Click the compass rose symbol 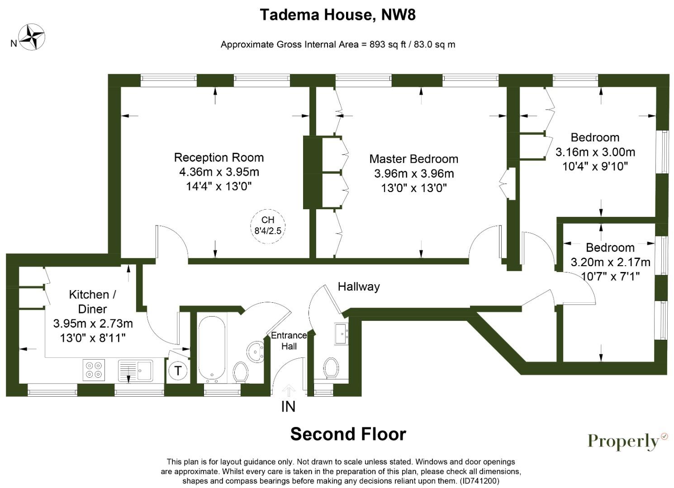[x=32, y=37]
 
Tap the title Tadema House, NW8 [x=337, y=15]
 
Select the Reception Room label [x=219, y=157]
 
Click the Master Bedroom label [x=414, y=159]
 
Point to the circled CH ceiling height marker [x=268, y=226]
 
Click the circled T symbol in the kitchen [x=178, y=371]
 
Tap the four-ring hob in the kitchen [x=94, y=370]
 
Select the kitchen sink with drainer [x=135, y=371]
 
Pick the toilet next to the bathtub [x=241, y=373]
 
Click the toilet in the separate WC [x=331, y=368]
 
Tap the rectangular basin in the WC [x=342, y=334]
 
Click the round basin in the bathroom [x=256, y=352]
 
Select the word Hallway [x=359, y=286]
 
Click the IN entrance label [x=288, y=407]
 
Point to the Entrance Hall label [x=289, y=341]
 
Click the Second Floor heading [x=348, y=434]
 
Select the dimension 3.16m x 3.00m [x=595, y=152]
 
